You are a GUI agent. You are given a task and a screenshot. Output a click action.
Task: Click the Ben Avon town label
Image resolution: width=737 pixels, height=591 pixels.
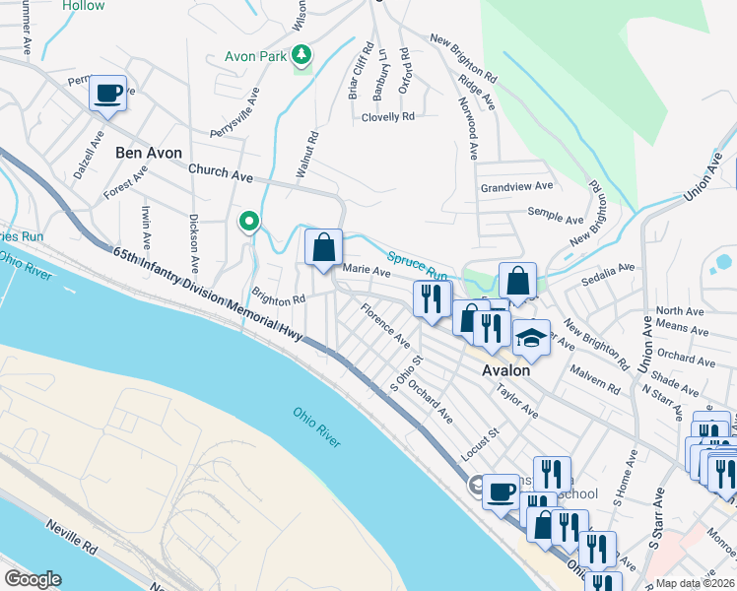(x=149, y=153)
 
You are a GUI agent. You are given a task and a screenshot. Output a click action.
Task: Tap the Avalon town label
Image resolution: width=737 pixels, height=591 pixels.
(x=505, y=370)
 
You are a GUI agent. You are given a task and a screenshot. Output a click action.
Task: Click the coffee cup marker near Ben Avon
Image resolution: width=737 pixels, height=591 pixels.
(x=108, y=94)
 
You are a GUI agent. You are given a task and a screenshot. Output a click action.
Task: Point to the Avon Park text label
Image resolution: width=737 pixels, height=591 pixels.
(x=256, y=56)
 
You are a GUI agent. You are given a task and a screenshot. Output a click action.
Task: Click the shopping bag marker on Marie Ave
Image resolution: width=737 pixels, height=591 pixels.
(x=323, y=249)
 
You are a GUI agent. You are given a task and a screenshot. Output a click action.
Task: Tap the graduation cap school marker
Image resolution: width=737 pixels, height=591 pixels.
(x=531, y=338)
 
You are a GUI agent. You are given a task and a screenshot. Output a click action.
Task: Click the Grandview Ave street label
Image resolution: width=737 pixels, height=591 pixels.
(x=516, y=186)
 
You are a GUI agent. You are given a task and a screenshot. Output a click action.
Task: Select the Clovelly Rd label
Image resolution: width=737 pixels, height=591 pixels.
(x=387, y=116)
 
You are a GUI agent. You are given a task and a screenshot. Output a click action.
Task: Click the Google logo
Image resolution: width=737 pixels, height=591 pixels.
(x=32, y=579)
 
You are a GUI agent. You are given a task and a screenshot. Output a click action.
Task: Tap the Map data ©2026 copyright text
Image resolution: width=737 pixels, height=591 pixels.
(x=696, y=583)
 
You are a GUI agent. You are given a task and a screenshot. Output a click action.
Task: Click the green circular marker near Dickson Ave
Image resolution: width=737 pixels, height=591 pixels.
(x=250, y=222)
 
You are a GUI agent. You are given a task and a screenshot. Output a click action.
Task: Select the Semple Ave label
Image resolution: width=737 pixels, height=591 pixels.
(x=558, y=216)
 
